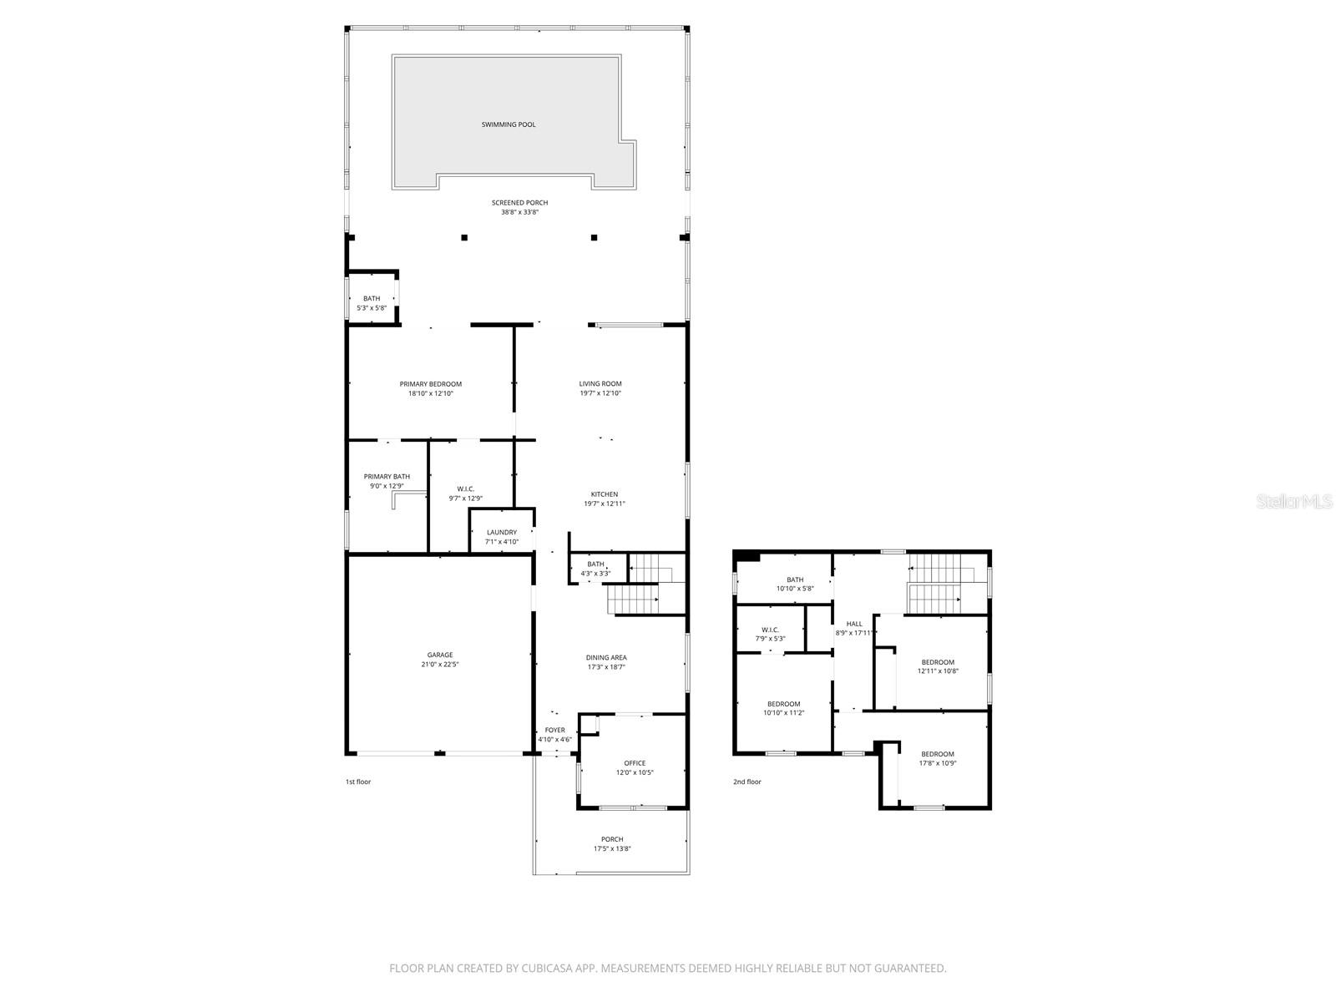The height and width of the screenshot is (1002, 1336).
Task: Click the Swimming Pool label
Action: click(x=509, y=124)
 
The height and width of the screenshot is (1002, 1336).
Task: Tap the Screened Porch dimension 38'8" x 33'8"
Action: click(x=519, y=212)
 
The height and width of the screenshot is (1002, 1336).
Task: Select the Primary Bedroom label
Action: click(x=430, y=384)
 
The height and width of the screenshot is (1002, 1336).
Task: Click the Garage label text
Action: click(x=440, y=655)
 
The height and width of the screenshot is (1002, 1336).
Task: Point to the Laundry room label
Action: click(x=502, y=532)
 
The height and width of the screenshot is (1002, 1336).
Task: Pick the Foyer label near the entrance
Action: click(x=554, y=730)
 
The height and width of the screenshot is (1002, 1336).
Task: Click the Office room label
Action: click(x=635, y=762)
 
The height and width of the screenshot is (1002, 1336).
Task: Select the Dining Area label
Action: click(x=606, y=657)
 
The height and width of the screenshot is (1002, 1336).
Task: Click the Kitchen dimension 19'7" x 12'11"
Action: click(x=605, y=504)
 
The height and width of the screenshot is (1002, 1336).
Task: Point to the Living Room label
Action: click(x=600, y=384)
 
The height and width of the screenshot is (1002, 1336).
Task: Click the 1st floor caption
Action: click(x=358, y=782)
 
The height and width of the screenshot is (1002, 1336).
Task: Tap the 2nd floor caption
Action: click(x=747, y=782)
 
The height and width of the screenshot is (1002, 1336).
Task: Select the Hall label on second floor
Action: click(x=854, y=624)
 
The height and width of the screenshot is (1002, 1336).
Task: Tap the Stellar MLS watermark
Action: click(x=1295, y=502)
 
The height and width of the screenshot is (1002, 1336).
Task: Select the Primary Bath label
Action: click(x=387, y=476)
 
